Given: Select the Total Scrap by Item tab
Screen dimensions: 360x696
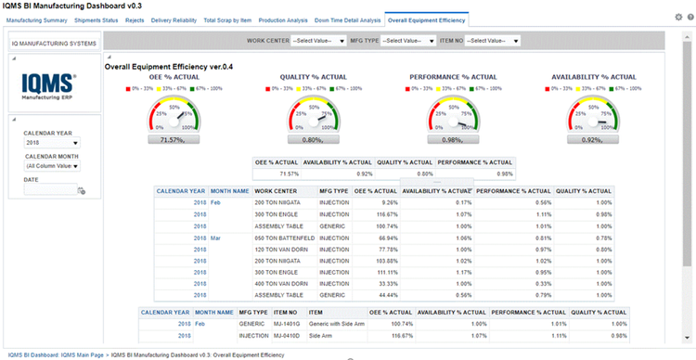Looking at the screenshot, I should pyautogui.click(x=226, y=19).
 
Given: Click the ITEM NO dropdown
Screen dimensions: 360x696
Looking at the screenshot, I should pyautogui.click(x=492, y=41).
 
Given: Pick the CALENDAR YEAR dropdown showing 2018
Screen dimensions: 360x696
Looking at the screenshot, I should pyautogui.click(x=52, y=143).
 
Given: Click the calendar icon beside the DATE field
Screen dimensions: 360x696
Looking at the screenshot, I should pyautogui.click(x=81, y=190).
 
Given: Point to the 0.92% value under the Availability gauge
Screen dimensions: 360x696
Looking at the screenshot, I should pyautogui.click(x=593, y=139).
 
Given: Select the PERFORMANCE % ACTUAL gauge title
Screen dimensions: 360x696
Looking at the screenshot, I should pyautogui.click(x=453, y=77).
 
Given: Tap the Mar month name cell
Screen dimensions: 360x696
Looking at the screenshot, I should pyautogui.click(x=215, y=238).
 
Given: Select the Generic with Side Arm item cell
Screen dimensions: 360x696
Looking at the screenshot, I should pyautogui.click(x=338, y=324).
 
